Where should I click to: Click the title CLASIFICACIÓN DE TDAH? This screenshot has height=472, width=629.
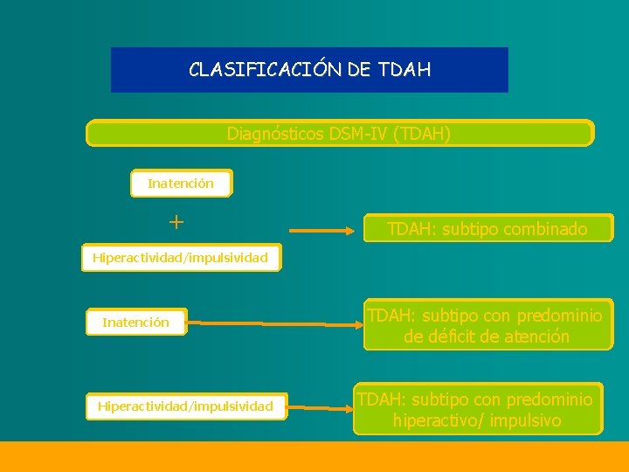[309, 70]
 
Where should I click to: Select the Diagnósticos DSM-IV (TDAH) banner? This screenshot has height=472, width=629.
[339, 134]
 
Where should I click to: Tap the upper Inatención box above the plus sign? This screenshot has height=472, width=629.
[181, 184]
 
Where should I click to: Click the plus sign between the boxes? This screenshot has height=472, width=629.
[176, 222]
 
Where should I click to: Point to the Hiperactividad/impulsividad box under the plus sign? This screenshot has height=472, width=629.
[182, 258]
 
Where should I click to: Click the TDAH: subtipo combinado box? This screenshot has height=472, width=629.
[487, 230]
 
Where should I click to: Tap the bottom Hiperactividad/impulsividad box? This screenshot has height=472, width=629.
[185, 406]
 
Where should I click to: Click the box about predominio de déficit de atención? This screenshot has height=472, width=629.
[487, 326]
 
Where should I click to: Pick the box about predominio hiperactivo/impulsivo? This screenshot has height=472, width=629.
[477, 409]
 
